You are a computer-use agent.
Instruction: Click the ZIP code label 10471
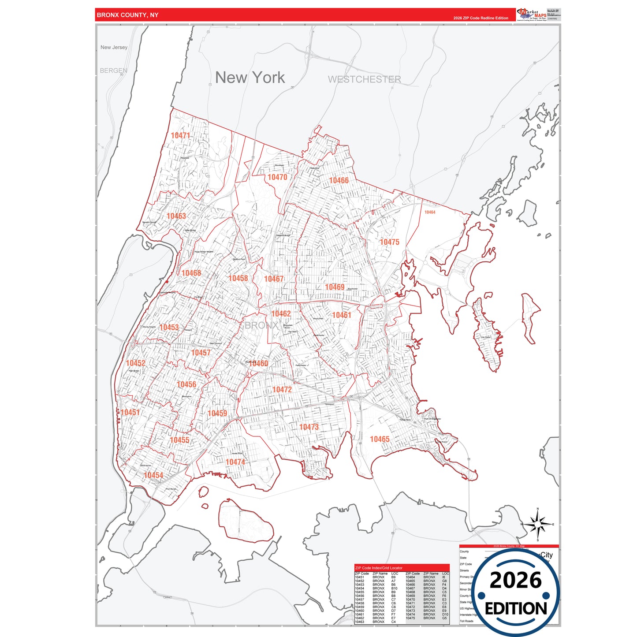[180, 135]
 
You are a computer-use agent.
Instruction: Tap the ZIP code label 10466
[339, 180]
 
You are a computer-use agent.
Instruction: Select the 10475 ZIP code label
[389, 242]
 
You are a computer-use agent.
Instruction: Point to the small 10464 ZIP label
[430, 212]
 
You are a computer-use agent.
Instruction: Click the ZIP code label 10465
[380, 439]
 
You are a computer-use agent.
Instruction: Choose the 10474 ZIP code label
[235, 462]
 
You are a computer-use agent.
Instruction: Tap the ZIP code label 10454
[153, 475]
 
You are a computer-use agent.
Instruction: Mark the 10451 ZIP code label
[130, 413]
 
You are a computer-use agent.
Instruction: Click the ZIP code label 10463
[176, 216]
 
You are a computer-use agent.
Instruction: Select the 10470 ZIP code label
[277, 177]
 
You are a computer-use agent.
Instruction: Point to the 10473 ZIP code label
[309, 427]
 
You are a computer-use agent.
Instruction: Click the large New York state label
[250, 78]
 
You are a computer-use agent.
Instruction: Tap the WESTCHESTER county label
[364, 79]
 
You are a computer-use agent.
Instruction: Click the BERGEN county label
[113, 71]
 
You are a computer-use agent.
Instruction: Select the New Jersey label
[114, 47]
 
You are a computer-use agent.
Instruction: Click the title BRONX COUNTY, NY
[127, 15]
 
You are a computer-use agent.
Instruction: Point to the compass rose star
[537, 525]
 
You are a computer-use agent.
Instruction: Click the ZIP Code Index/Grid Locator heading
[379, 568]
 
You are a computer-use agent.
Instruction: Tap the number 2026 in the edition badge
[515, 580]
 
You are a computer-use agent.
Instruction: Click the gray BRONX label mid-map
[261, 325]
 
